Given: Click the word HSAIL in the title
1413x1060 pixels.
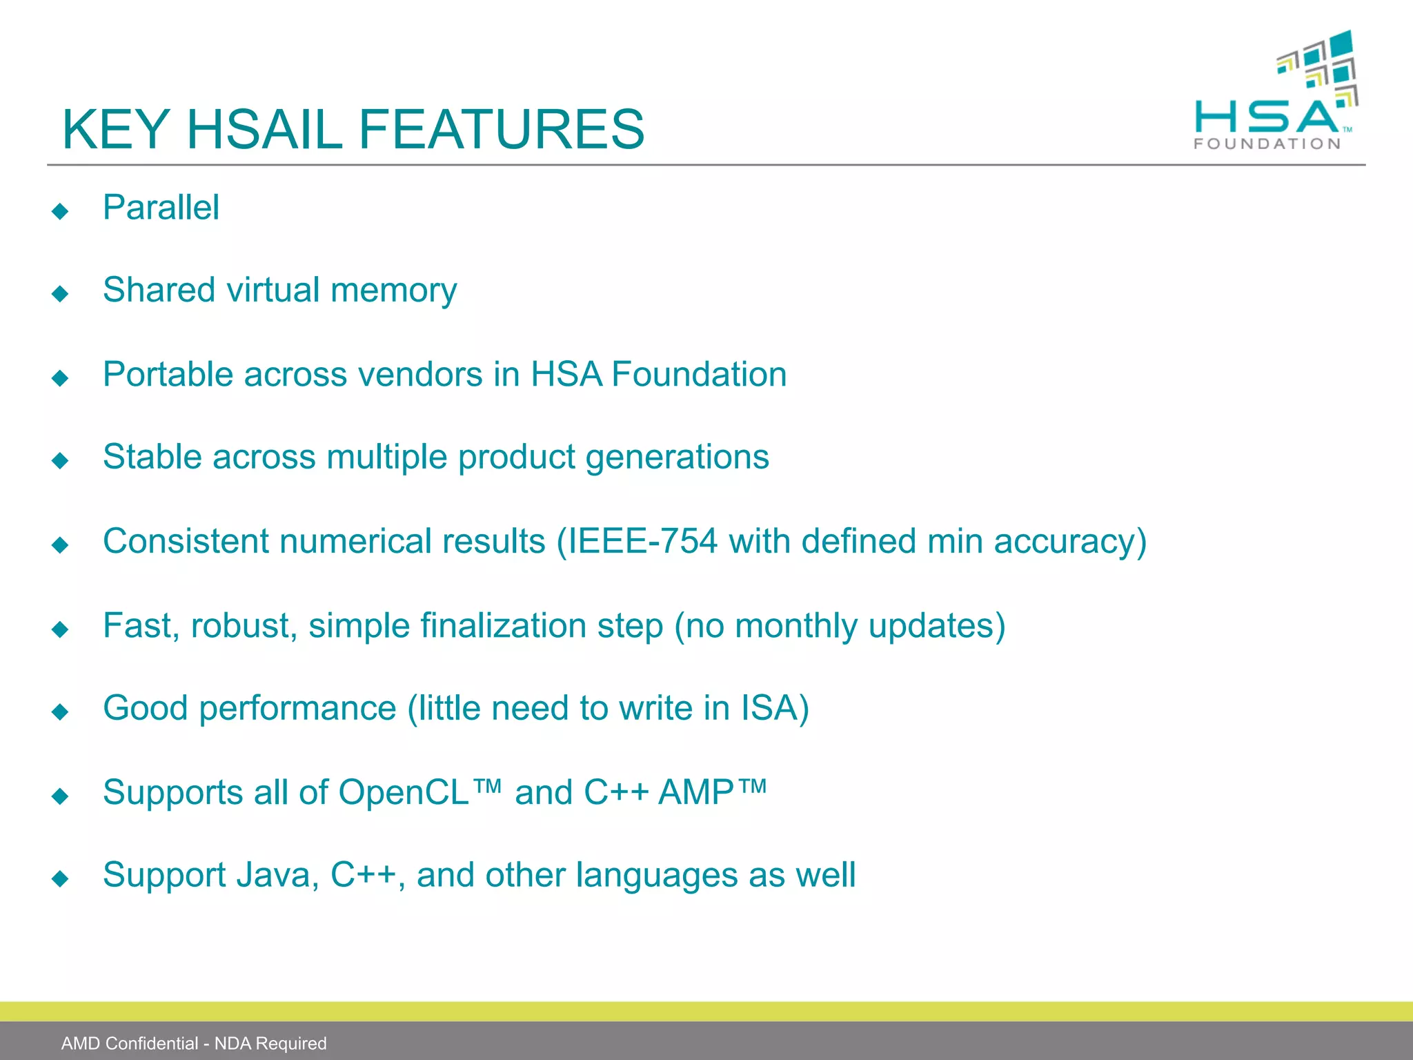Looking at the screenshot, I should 264,130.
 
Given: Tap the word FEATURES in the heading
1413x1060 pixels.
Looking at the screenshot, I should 502,130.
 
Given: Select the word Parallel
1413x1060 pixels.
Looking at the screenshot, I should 161,208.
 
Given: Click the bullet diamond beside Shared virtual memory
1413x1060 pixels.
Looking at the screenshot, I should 61,294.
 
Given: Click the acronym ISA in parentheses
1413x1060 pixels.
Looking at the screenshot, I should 769,708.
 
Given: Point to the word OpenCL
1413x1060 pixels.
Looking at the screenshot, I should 404,792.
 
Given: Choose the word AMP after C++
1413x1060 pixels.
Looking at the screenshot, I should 695,792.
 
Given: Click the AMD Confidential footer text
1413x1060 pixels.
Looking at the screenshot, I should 194,1043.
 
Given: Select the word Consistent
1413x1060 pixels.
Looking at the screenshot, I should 186,541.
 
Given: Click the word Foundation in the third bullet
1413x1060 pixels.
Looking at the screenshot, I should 699,375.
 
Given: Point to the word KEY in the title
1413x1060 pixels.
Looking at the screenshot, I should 116,130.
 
